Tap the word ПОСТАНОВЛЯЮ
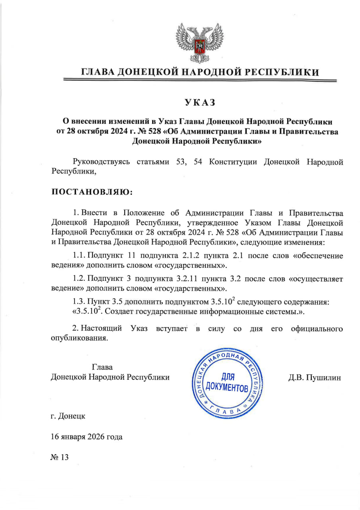[x=92, y=192]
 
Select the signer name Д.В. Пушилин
[x=315, y=377]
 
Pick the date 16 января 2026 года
[x=86, y=437]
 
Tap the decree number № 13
[x=60, y=457]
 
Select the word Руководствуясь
[x=102, y=162]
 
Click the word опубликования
[x=79, y=338]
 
